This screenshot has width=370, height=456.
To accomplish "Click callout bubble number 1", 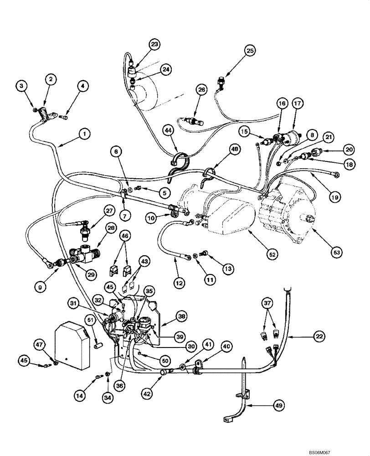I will tap(84, 134).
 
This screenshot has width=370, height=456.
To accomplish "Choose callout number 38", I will tap(181, 316).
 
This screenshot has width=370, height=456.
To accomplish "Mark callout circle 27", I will tap(109, 211).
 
